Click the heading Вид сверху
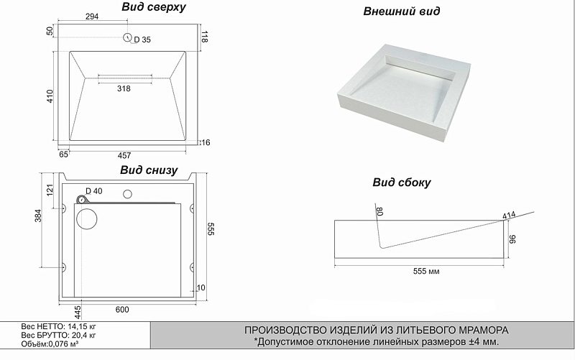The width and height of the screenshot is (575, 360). tap(154, 7)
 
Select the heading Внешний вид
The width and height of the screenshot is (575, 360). tap(402, 11)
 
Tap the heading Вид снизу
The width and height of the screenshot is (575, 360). tap(149, 170)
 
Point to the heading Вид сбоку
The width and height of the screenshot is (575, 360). tap(402, 183)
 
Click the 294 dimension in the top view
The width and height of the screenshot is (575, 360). tap(92, 17)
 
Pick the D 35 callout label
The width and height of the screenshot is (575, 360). tap(142, 40)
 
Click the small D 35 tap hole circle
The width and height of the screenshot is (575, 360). tap(128, 37)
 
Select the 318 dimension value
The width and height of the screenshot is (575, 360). tap(124, 88)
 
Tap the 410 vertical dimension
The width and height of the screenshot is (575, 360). tap(50, 96)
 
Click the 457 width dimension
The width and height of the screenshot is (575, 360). tap(124, 155)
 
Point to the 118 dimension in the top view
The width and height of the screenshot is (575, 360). tap(205, 37)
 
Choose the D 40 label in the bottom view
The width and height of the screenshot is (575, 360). tap(94, 191)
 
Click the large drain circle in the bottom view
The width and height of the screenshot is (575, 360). tap(87, 219)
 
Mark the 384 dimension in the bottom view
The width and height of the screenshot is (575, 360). tap(38, 216)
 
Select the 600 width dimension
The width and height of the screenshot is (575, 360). tap(122, 310)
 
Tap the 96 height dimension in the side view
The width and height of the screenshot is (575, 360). tap(512, 239)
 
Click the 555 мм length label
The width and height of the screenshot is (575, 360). tap(426, 272)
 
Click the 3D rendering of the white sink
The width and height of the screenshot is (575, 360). tap(403, 93)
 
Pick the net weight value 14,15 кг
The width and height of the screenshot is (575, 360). tap(80, 326)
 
